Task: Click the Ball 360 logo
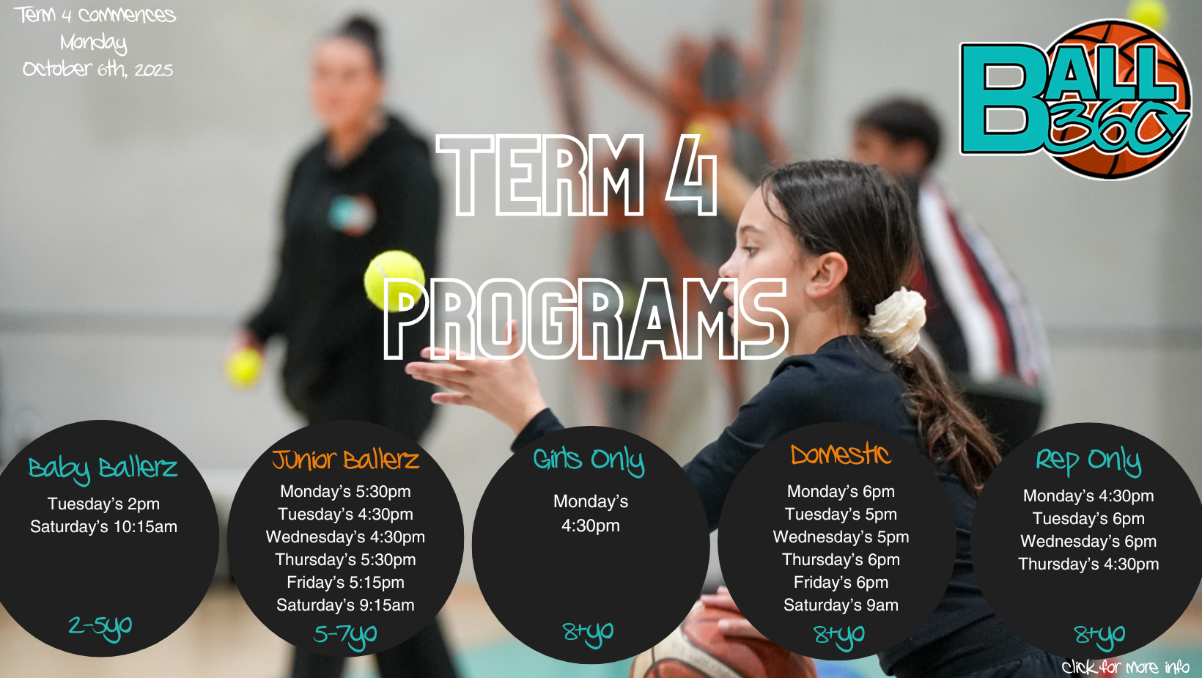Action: (x=1074, y=100)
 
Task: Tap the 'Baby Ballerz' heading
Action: (x=103, y=468)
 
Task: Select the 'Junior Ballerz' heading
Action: (x=346, y=460)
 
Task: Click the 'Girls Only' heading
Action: (x=589, y=460)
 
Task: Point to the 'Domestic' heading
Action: (x=841, y=455)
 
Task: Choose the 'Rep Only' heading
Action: (x=1088, y=461)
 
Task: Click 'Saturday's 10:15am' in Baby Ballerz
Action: (x=103, y=526)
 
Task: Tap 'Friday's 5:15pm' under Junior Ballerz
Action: (x=346, y=583)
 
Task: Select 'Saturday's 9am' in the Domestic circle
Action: (x=841, y=605)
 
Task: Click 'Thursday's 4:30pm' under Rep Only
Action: (x=1089, y=564)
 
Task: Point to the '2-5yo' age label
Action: (x=100, y=627)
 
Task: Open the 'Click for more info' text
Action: (x=1125, y=667)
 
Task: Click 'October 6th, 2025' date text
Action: (x=97, y=70)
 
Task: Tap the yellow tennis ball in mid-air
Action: (x=394, y=281)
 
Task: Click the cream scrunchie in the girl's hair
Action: (x=896, y=321)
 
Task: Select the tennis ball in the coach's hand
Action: (x=244, y=367)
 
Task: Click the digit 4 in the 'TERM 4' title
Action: (x=690, y=175)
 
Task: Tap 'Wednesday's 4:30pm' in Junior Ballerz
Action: (x=346, y=537)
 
